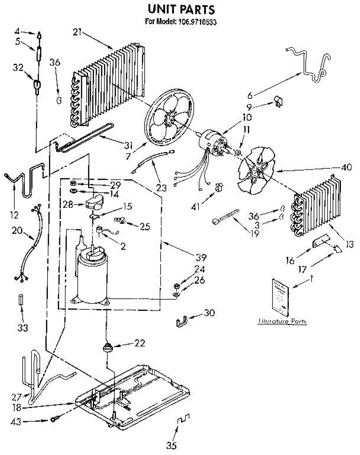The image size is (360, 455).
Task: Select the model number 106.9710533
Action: coord(197,22)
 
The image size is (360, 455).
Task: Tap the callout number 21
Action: coord(77,33)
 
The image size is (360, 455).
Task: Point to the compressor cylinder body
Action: coord(92,279)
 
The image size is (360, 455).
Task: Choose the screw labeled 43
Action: coord(54,419)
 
